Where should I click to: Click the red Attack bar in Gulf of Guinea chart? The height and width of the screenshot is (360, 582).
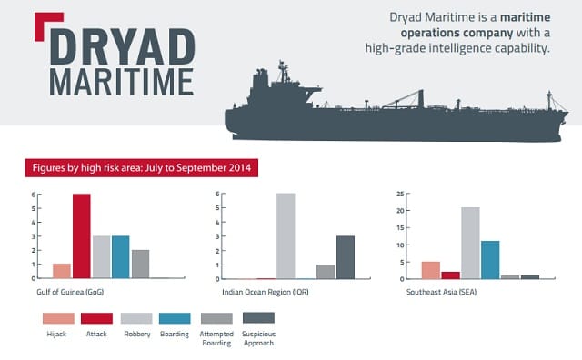point(82,236)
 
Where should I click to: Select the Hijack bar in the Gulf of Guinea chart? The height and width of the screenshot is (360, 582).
point(62,271)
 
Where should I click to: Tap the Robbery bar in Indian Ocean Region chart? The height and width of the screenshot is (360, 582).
point(286,236)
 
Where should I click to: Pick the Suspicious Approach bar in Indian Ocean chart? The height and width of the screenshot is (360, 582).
point(346,257)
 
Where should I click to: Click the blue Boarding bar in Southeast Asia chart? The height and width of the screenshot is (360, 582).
point(490,260)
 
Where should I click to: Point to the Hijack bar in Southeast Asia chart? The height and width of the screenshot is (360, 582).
point(431,270)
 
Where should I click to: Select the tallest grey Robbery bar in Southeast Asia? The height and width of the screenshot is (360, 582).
point(471,243)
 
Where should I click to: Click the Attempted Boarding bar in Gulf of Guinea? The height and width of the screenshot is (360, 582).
point(141,264)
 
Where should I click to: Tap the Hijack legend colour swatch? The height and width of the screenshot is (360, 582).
point(58,318)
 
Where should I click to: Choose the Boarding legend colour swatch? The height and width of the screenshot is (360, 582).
point(175,318)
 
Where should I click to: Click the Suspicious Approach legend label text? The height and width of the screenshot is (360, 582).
point(258,338)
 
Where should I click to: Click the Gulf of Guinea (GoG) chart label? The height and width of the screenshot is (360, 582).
point(70,292)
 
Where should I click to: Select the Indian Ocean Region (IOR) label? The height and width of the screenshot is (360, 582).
point(266,292)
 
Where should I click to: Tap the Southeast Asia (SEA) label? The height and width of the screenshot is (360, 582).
point(441,292)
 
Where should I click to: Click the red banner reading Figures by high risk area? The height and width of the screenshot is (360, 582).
point(142,168)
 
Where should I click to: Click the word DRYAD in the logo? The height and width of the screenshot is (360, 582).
point(123,46)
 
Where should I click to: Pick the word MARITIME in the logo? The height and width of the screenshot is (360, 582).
point(122,82)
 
